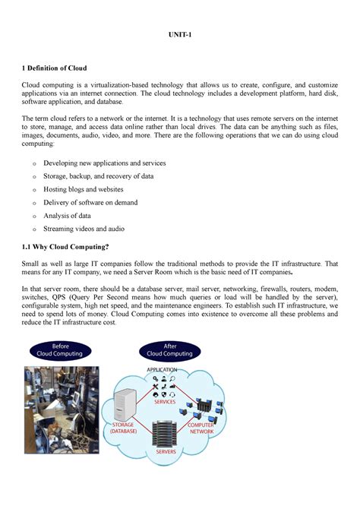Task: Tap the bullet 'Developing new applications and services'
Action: (105, 163)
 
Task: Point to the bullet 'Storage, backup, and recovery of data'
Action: (99, 176)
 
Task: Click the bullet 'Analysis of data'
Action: (69, 215)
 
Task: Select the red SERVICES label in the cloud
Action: (166, 402)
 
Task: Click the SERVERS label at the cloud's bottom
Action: (166, 451)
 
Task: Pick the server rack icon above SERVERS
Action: (166, 430)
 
